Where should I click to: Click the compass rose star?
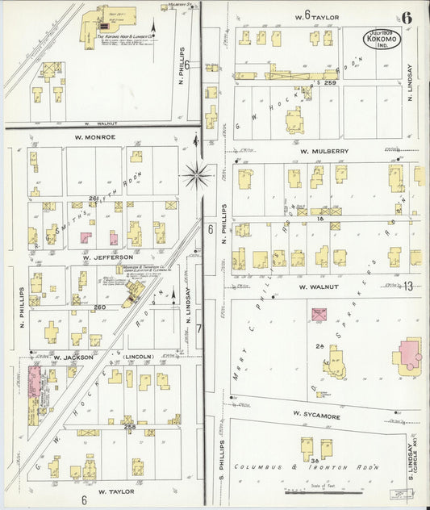pyautogui.click(x=198, y=172)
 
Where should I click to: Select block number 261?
pyautogui.click(x=93, y=199)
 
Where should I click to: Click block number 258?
pyautogui.click(x=128, y=426)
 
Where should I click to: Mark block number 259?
pyautogui.click(x=328, y=83)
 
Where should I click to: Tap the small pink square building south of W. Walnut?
pyautogui.click(x=319, y=316)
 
